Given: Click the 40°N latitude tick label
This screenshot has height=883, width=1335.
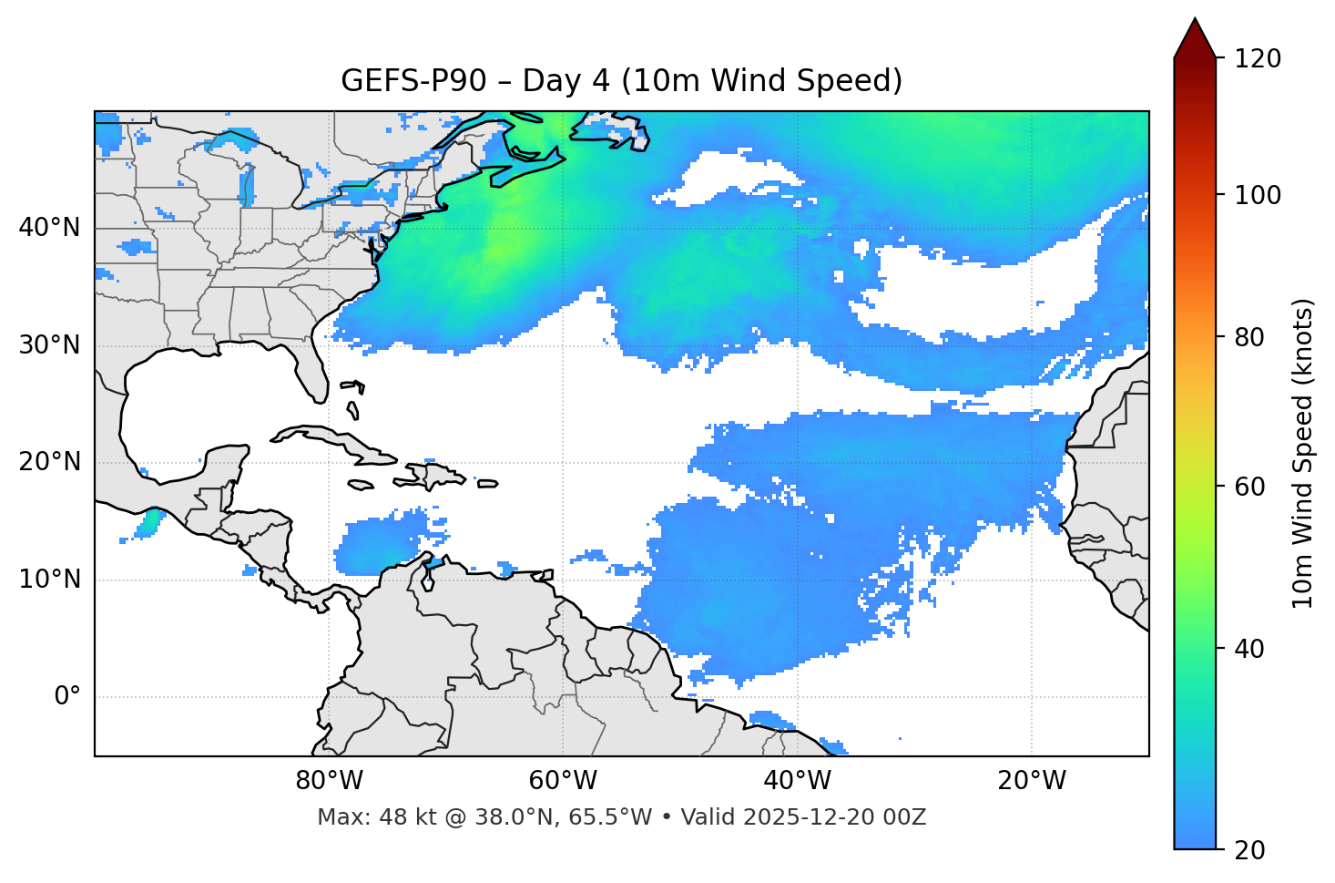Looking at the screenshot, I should tap(49, 228).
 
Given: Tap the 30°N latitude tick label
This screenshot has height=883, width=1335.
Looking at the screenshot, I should tap(49, 345).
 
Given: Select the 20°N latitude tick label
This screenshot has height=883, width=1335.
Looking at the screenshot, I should tap(49, 462).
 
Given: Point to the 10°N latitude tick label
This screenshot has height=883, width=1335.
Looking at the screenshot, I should tap(49, 580).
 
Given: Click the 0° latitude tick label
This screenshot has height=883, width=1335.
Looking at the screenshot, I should tap(67, 697).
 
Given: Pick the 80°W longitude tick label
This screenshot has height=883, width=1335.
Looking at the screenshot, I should tap(329, 781).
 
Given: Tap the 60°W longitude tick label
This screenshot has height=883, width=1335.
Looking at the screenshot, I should tap(563, 781).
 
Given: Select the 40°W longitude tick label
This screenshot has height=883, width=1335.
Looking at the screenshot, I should tap(797, 781).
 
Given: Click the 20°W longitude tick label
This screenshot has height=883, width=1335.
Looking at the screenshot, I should tap(1031, 781).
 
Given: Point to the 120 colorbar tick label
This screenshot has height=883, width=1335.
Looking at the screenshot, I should tap(1257, 59).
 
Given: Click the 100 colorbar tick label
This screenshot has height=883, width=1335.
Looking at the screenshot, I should tap(1257, 195).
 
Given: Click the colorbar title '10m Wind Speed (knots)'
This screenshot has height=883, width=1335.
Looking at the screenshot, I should tap(1303, 453).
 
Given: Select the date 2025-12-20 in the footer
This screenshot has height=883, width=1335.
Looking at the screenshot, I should tap(799, 817).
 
